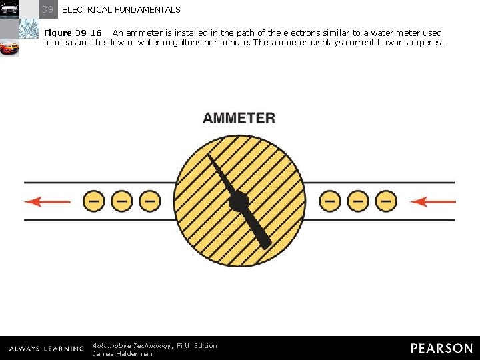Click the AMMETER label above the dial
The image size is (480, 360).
pos(239,118)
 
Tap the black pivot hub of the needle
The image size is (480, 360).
pos(238,201)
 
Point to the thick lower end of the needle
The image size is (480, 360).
pos(263,241)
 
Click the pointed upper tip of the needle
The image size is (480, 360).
pos(211,158)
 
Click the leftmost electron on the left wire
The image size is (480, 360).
pos(93,201)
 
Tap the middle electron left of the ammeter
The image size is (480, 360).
pos(121,201)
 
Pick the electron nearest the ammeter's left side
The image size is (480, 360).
pos(149,201)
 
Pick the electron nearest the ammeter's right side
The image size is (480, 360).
pos(329,201)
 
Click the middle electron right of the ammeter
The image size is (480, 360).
pos(357,201)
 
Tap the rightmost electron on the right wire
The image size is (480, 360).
pos(385,201)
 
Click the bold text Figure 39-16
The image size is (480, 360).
pos(73,33)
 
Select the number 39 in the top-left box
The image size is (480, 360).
pos(47,9)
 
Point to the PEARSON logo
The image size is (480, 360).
pos(441,348)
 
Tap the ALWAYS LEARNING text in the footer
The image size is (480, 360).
pos(47,349)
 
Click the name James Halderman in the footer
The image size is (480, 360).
pos(122,353)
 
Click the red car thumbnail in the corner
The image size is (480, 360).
pos(9,48)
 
